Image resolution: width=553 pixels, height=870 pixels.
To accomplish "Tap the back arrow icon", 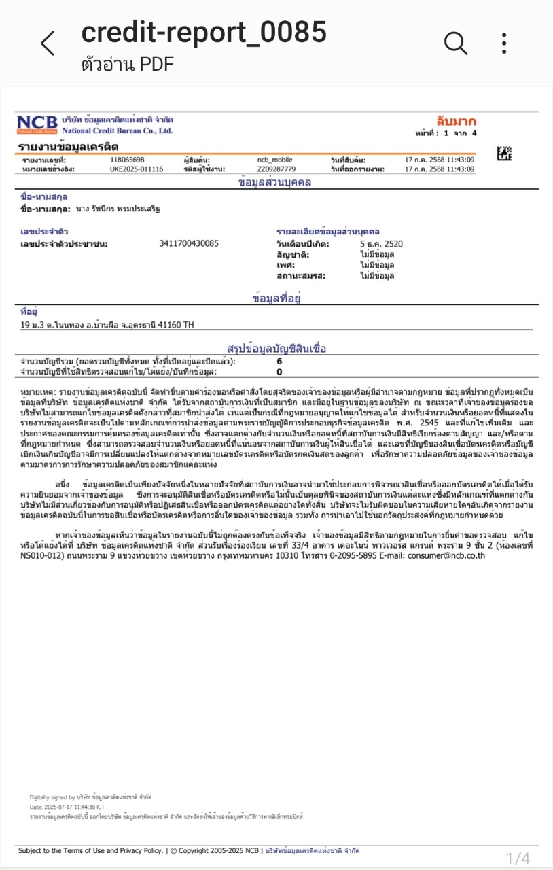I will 48,43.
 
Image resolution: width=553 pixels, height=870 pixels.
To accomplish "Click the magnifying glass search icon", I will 456,43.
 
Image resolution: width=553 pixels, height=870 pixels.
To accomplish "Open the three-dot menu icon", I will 504,43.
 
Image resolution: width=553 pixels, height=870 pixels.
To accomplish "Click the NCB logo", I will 37,124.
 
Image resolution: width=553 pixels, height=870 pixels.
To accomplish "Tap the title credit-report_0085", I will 204,33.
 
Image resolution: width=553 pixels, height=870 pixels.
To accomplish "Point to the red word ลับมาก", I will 457,122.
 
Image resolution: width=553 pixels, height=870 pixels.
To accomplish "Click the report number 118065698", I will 127,160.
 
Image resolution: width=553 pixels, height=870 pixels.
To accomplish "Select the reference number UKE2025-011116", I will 137,169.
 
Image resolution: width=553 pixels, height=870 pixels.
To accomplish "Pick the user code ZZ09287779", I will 276,169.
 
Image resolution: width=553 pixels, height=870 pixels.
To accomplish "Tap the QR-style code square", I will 504,153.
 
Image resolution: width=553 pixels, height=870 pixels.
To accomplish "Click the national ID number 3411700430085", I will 189,243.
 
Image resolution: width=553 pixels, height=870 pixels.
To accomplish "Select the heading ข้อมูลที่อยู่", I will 276,298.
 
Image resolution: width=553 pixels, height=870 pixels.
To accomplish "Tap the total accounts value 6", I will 279,362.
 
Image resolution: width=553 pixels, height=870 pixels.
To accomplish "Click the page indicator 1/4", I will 518,857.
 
